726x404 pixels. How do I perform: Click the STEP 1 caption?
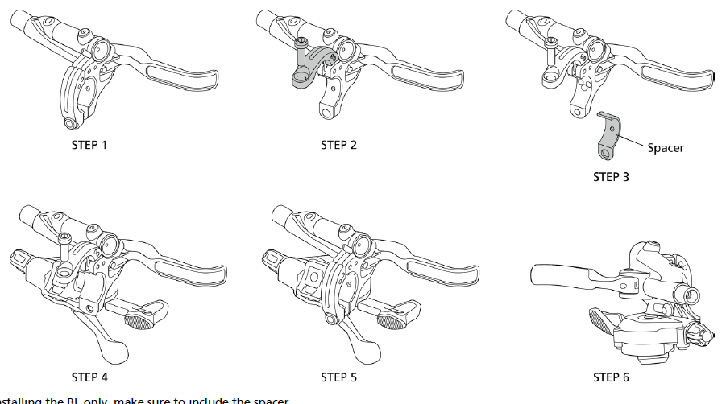pyautogui.click(x=89, y=146)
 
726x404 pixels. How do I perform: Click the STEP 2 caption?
pyautogui.click(x=338, y=146)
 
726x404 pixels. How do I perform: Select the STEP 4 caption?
pyautogui.click(x=89, y=377)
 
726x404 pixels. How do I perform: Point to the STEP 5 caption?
pyautogui.click(x=338, y=377)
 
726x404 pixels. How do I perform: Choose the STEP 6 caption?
pyautogui.click(x=611, y=377)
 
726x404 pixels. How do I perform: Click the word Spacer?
pyautogui.click(x=666, y=148)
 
